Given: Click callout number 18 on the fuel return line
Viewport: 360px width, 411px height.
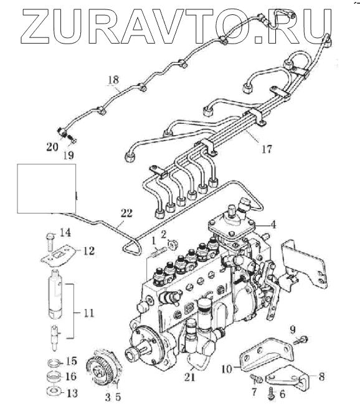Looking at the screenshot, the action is (113, 80).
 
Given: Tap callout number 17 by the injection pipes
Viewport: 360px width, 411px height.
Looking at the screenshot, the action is (267, 149).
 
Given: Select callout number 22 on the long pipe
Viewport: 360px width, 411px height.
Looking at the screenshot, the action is (126, 214).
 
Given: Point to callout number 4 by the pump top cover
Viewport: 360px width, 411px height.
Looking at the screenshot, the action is (273, 225).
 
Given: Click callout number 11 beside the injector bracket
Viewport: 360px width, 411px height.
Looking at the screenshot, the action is (88, 313).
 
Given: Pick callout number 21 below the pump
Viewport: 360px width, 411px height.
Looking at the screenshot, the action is (189, 377).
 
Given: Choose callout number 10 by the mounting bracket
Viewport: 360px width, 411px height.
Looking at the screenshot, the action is (227, 369).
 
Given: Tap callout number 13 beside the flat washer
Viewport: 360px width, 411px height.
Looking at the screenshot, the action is (72, 393).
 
